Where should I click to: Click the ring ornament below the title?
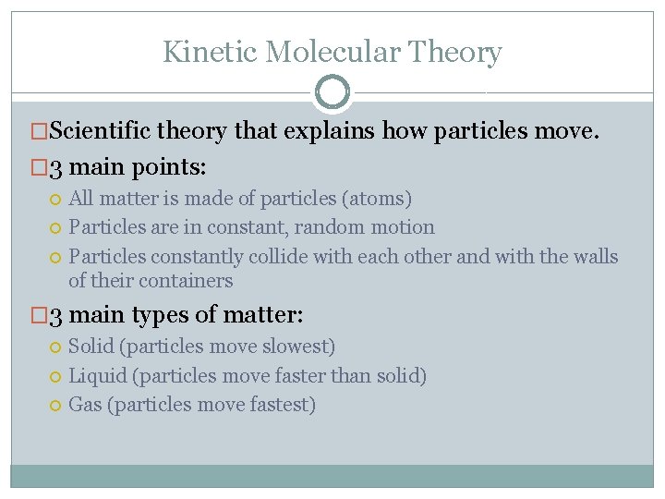point(332,92)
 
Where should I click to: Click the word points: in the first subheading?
point(172,167)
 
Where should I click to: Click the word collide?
point(278,256)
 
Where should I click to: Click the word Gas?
point(85,405)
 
